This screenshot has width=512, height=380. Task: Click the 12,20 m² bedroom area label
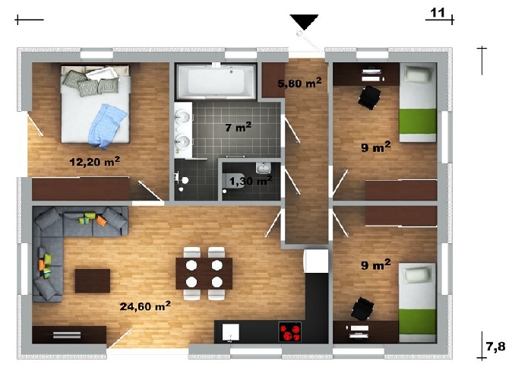[x=95, y=161]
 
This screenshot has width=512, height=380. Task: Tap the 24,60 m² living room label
[x=145, y=306]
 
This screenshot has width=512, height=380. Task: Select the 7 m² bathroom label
[x=238, y=127]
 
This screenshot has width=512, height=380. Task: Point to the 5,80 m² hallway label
[x=299, y=83]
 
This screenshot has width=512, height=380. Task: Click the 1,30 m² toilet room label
[x=251, y=180]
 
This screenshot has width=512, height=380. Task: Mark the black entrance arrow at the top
[x=304, y=22]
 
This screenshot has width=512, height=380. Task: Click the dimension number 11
[x=438, y=13]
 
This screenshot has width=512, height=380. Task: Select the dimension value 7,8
[x=496, y=346]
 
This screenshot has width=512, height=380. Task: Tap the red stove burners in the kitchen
[x=290, y=332]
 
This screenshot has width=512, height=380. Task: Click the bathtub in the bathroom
[x=216, y=81]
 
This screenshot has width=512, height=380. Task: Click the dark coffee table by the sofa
[x=93, y=280]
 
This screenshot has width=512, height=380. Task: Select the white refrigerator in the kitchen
[x=316, y=261]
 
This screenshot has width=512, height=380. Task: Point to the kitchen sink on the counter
[x=231, y=332]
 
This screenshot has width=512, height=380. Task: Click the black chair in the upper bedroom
[x=370, y=97]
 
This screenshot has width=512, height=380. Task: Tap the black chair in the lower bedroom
[x=362, y=309]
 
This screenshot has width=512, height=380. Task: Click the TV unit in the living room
[x=69, y=334]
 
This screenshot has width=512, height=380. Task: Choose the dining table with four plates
[x=204, y=274]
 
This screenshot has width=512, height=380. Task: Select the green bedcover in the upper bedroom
[x=419, y=121]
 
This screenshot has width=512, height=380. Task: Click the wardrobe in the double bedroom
[x=81, y=188]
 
